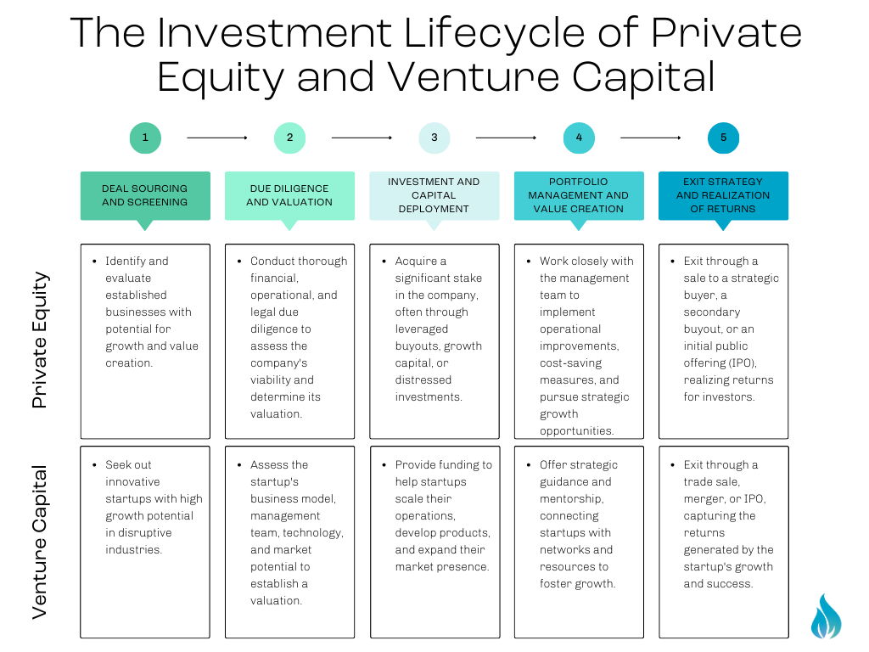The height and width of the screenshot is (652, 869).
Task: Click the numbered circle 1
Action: (145, 138)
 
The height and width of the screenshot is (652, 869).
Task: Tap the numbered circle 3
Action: (434, 138)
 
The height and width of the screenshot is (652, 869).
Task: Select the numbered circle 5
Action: (723, 138)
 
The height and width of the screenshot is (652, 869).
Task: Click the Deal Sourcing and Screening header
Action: (145, 195)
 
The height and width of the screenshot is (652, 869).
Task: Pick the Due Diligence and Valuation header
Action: (289, 195)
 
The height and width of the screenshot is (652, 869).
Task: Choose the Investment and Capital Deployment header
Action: (434, 195)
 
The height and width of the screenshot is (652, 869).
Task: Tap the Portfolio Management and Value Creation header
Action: (579, 195)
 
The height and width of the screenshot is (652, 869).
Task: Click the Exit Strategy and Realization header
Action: (723, 195)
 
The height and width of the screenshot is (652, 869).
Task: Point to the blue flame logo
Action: (826, 616)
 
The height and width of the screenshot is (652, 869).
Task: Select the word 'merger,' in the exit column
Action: (704, 498)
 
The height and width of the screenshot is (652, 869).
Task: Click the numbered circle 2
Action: (289, 138)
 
